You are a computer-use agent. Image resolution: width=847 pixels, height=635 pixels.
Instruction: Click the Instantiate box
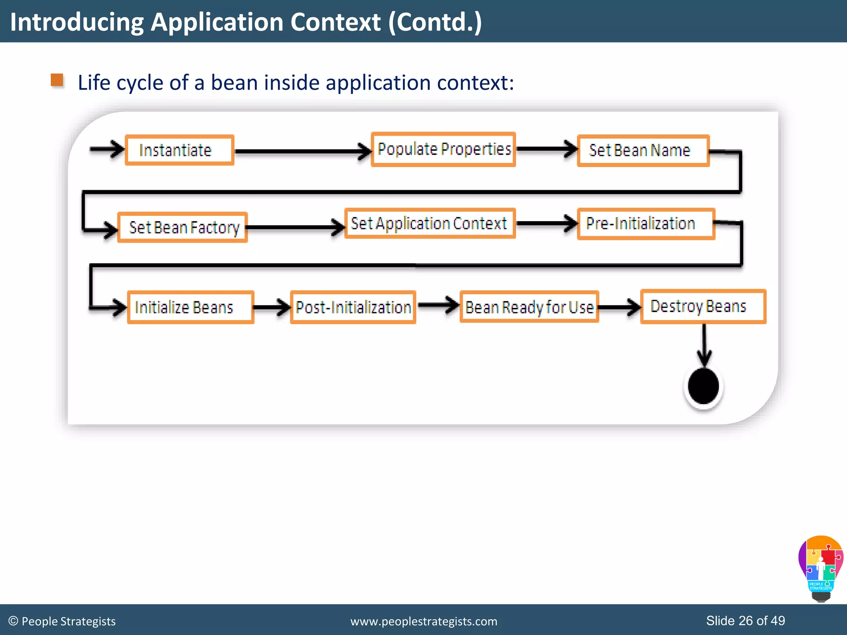(x=179, y=150)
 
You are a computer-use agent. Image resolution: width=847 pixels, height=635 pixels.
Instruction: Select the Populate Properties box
(x=443, y=149)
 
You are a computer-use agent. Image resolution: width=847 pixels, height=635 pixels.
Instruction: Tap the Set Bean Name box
(x=643, y=150)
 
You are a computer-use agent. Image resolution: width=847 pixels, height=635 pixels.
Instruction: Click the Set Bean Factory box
(x=182, y=227)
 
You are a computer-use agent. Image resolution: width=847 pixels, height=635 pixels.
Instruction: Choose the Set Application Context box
(x=430, y=223)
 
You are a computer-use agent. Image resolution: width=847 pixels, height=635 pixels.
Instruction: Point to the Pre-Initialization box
(x=646, y=224)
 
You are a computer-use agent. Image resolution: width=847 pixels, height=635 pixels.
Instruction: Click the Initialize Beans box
(x=190, y=307)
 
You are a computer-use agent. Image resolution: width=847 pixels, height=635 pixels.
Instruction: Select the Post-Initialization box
(x=353, y=307)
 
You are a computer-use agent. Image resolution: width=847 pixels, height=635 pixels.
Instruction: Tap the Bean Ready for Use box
(x=529, y=307)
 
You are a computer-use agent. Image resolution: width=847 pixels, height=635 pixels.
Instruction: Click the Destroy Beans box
(x=703, y=306)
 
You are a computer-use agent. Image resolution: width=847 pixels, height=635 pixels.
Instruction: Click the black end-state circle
(x=703, y=386)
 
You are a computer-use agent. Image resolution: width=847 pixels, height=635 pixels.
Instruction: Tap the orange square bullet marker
(x=57, y=80)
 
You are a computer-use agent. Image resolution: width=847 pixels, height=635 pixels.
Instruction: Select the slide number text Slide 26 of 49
(x=745, y=621)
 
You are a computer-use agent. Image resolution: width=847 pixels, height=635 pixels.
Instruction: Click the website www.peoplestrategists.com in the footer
(x=423, y=621)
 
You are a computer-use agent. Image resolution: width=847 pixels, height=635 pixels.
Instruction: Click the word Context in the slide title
(x=335, y=22)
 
